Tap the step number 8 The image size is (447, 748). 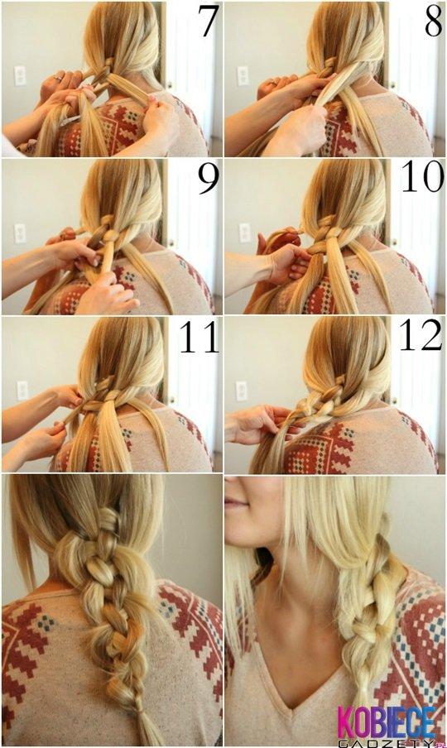[433, 22]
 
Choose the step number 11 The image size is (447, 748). [199, 337]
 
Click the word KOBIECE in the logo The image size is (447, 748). [386, 720]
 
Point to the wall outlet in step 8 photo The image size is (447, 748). [242, 75]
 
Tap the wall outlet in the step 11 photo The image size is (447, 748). [22, 390]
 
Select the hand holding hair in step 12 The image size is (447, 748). [252, 424]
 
